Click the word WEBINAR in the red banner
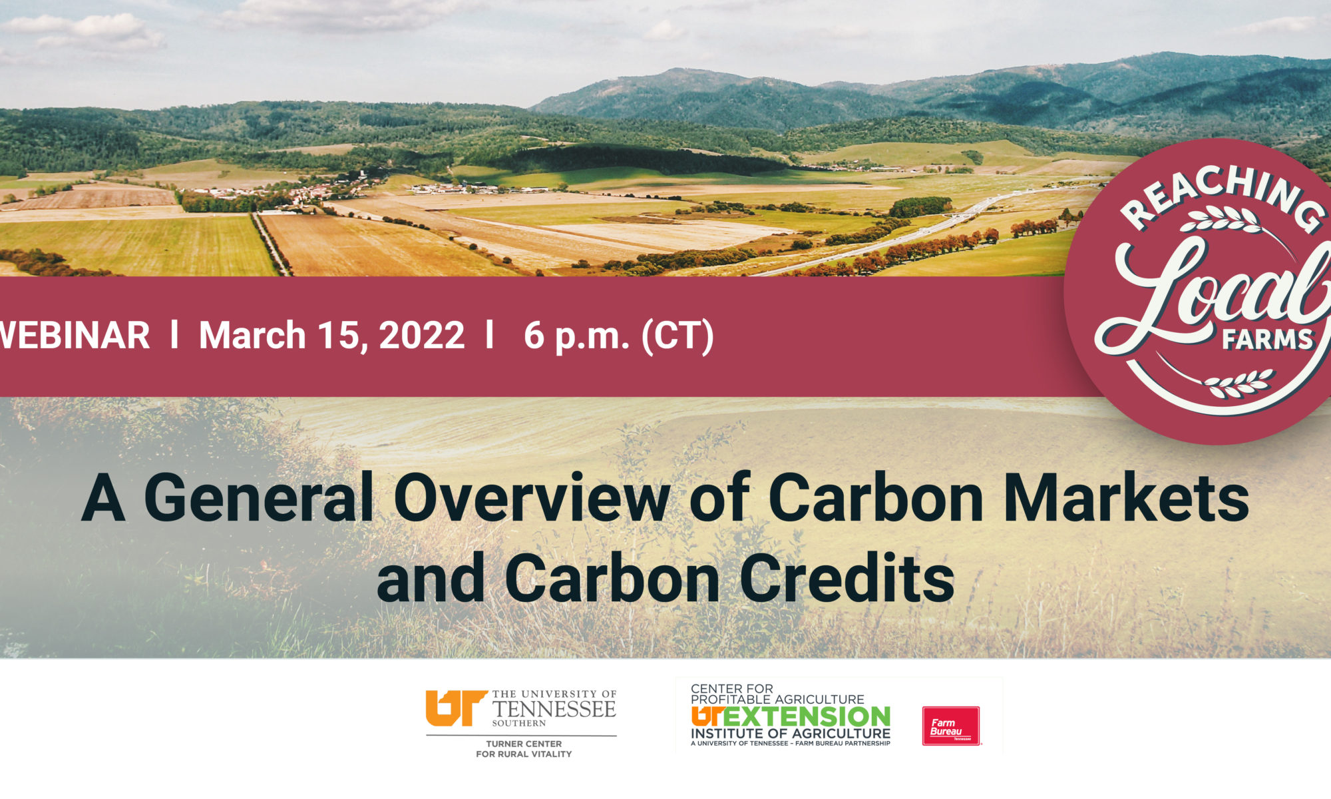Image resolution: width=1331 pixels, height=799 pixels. click(x=75, y=335)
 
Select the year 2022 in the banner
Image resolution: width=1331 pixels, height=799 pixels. click(x=421, y=335)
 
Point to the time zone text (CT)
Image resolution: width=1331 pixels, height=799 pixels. click(x=677, y=336)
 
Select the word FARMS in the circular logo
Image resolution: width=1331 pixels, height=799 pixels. click(x=1267, y=340)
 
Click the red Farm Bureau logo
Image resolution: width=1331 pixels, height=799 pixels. click(x=951, y=726)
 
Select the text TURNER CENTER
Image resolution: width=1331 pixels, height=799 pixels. click(x=524, y=744)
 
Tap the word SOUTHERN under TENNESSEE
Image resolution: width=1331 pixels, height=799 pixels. click(x=519, y=723)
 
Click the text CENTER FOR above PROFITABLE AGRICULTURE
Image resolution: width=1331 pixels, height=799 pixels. click(x=732, y=688)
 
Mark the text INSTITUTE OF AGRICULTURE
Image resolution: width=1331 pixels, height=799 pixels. click(x=791, y=734)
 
